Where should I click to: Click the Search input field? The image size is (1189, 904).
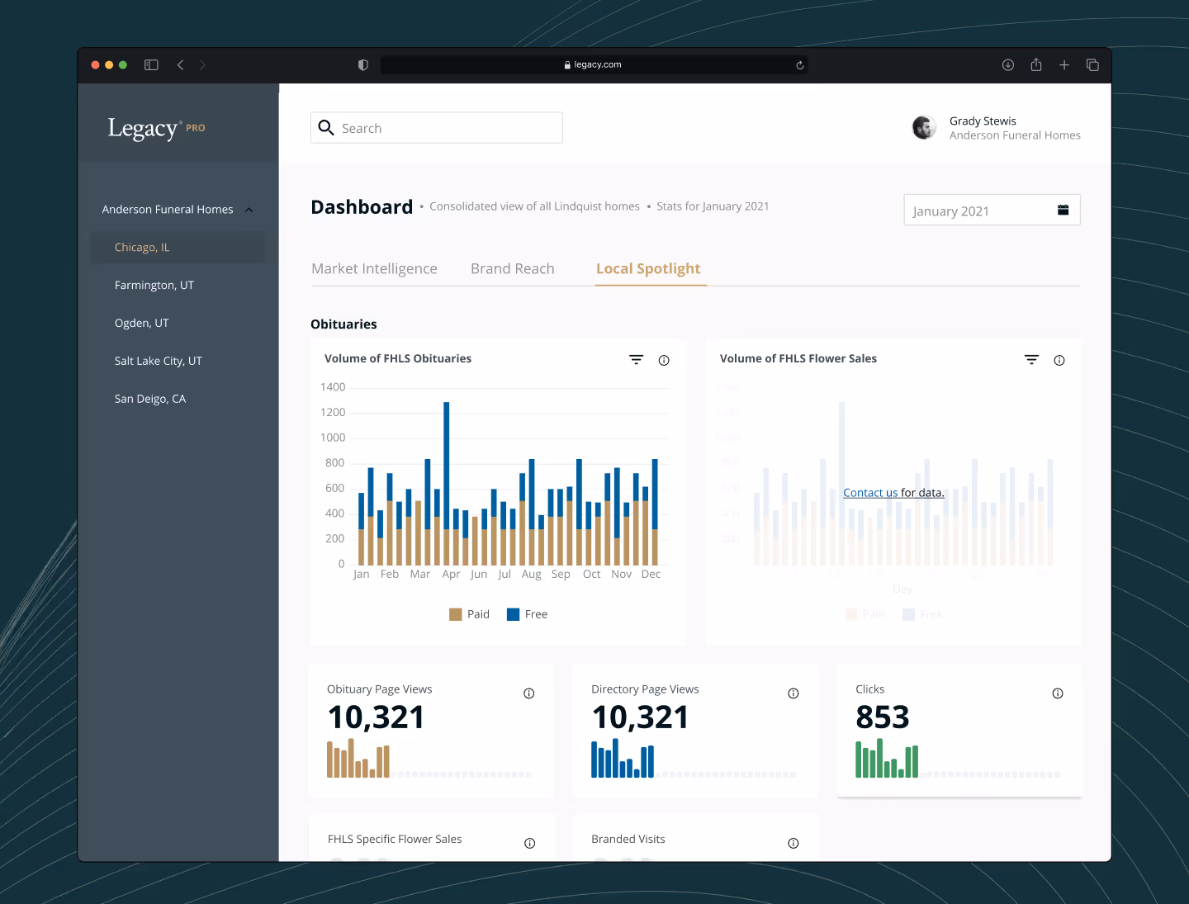[x=446, y=128]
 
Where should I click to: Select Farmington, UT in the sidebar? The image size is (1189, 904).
[x=154, y=286]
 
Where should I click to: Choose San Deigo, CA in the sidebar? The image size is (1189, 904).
[x=150, y=399]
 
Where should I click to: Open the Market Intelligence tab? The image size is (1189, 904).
[x=374, y=269]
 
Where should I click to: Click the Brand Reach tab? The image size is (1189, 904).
[x=512, y=269]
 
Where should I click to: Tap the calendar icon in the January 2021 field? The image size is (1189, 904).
[x=1063, y=211]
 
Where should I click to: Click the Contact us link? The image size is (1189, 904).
[x=869, y=493]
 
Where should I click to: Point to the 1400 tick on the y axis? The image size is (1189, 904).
[x=333, y=387]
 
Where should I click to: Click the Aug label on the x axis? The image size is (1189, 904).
[x=531, y=575]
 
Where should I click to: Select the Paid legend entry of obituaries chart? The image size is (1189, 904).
[x=469, y=614]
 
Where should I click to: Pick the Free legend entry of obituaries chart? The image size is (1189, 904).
[x=527, y=614]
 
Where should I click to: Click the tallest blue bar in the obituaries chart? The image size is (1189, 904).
[x=447, y=462]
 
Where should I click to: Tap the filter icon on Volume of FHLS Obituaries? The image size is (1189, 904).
[x=636, y=360]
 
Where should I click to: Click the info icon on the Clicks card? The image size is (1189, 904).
[x=1057, y=693]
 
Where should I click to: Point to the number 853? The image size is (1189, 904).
[x=882, y=717]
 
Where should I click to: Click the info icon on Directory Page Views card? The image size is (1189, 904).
[x=793, y=693]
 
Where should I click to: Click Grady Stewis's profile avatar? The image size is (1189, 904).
[x=924, y=128]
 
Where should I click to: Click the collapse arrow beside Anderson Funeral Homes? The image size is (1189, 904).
[x=249, y=210]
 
